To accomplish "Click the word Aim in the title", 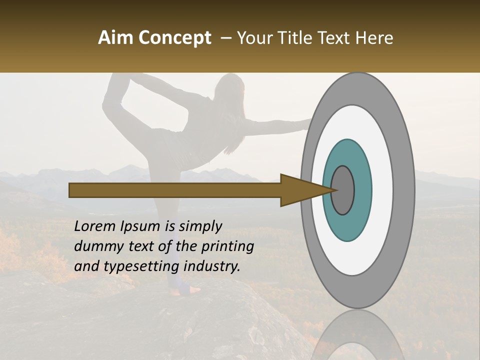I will click(x=115, y=38).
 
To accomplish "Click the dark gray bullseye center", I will click(x=342, y=190).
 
